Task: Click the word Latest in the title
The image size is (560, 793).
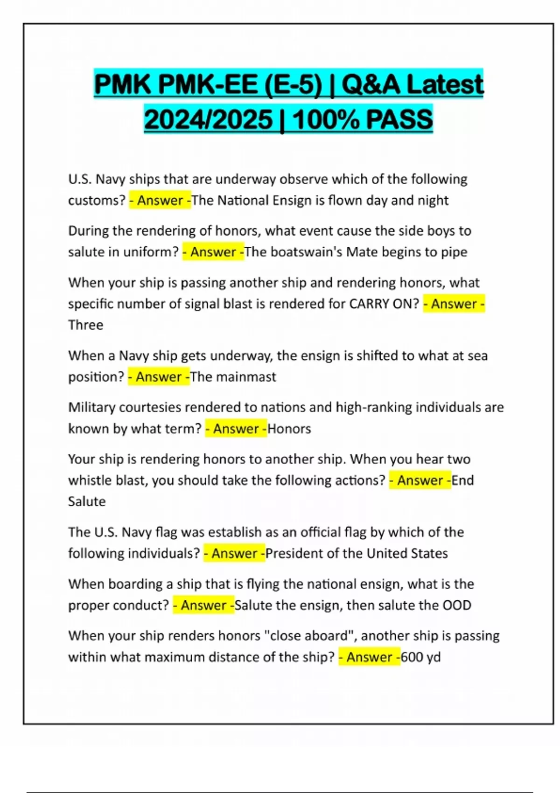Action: pos(445,84)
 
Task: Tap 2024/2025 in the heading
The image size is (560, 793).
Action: pos(208,119)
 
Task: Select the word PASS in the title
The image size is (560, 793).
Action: pos(399,119)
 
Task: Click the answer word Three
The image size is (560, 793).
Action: pos(85,325)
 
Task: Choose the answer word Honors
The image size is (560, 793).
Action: pos(289,428)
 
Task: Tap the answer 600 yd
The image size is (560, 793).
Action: pos(420,657)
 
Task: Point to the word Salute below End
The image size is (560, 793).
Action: pos(87,501)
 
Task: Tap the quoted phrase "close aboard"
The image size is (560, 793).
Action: pos(310,636)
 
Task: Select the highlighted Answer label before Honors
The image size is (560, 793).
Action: pos(236,428)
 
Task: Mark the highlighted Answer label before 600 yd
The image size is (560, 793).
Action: pos(369,657)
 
